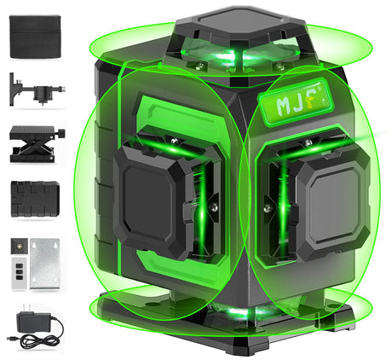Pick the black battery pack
tap(34, 198)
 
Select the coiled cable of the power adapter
tap(33, 340)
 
